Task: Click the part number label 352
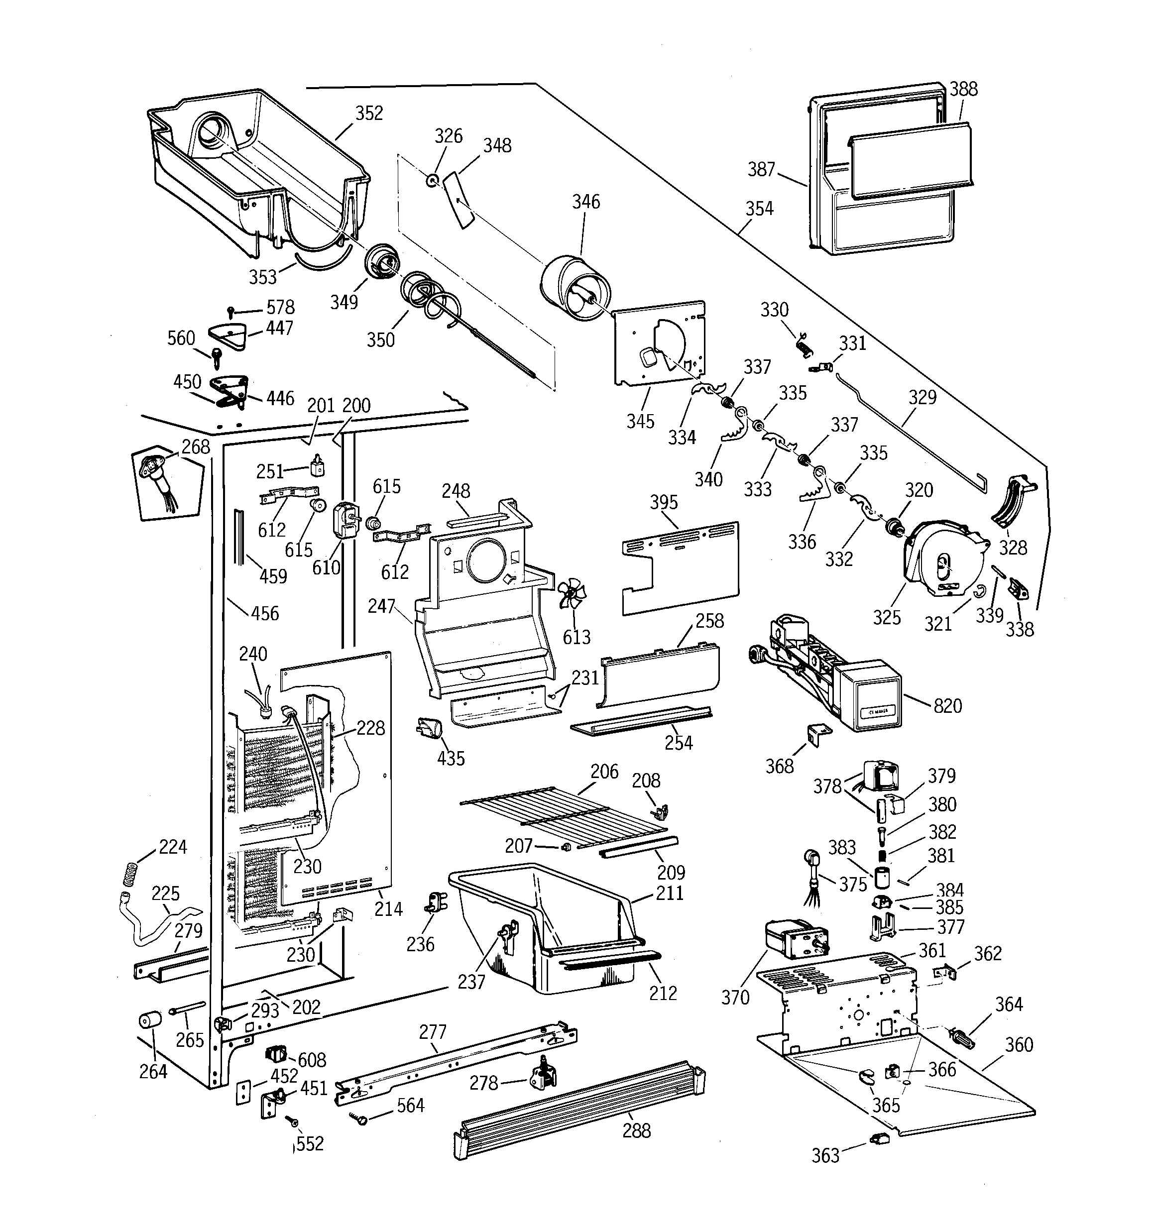point(369,113)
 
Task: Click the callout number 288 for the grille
point(636,1131)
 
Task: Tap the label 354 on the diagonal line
point(759,209)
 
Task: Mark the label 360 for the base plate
point(1019,1045)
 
